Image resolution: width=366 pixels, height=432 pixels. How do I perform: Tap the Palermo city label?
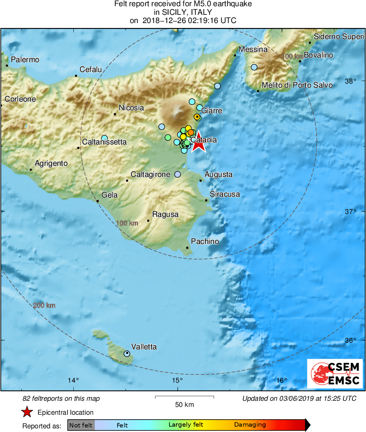pos(25,60)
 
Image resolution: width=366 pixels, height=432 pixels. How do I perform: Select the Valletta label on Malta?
pos(144,347)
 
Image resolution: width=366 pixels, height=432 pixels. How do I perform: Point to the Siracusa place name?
pos(225,194)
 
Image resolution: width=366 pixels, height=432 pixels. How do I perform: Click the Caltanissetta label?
pos(104,142)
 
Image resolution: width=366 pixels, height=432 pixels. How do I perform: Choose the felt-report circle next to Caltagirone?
pos(177,174)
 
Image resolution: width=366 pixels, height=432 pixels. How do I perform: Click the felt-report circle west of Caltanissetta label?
pos(104,138)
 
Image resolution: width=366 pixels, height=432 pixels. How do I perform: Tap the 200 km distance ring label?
pos(44,306)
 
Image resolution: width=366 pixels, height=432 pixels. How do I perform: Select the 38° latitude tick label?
pos(350,81)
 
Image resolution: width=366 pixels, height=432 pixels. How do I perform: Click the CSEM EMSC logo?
pos(335,373)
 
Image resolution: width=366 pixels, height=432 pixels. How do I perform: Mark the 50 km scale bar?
pos(184,397)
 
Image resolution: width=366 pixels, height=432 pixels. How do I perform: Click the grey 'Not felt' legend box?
pos(81,425)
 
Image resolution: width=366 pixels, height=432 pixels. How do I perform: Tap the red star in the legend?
pos(27,412)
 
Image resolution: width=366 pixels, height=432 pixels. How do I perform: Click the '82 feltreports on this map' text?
pos(61,398)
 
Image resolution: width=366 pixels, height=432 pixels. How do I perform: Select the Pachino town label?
pos(205,242)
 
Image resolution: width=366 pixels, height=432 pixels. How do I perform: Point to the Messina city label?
pos(253,49)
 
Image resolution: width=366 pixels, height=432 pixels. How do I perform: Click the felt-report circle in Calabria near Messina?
pos(254,67)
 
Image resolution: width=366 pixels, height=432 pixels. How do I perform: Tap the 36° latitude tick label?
pos(350,340)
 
